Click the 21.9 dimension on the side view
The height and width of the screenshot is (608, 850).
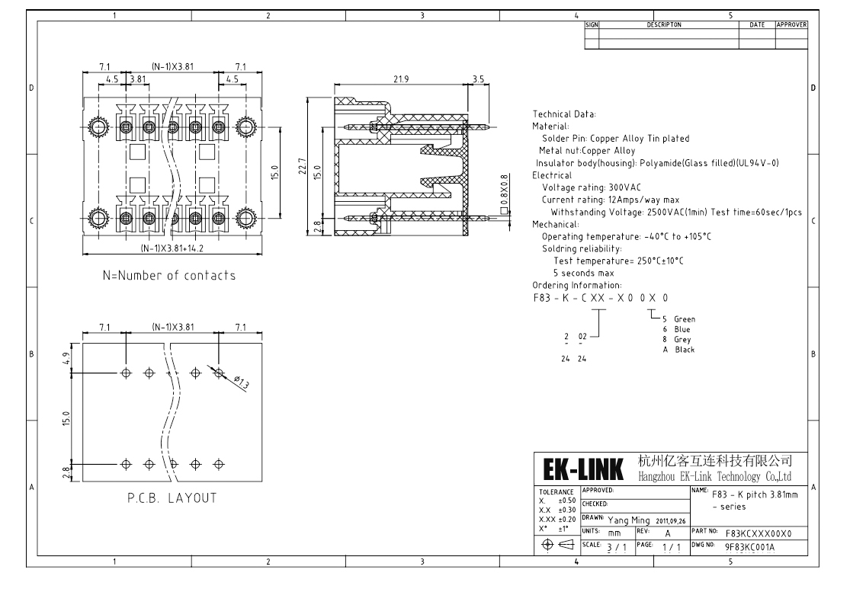pyautogui.click(x=401, y=78)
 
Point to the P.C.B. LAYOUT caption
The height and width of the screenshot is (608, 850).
pyautogui.click(x=172, y=498)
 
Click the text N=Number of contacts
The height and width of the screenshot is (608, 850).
pyautogui.click(x=169, y=275)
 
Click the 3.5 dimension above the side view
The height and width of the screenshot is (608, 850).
pyautogui.click(x=478, y=78)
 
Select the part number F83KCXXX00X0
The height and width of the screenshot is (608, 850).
pyautogui.click(x=759, y=533)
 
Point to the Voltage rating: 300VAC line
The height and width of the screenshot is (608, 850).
pyautogui.click(x=592, y=187)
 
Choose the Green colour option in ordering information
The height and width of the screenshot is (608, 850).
pyautogui.click(x=684, y=319)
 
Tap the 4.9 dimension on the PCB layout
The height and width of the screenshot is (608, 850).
pyautogui.click(x=67, y=357)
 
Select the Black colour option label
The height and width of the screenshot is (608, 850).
pyautogui.click(x=684, y=350)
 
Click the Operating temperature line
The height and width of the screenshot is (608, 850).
pyautogui.click(x=626, y=236)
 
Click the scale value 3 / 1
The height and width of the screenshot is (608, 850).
pyautogui.click(x=612, y=546)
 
